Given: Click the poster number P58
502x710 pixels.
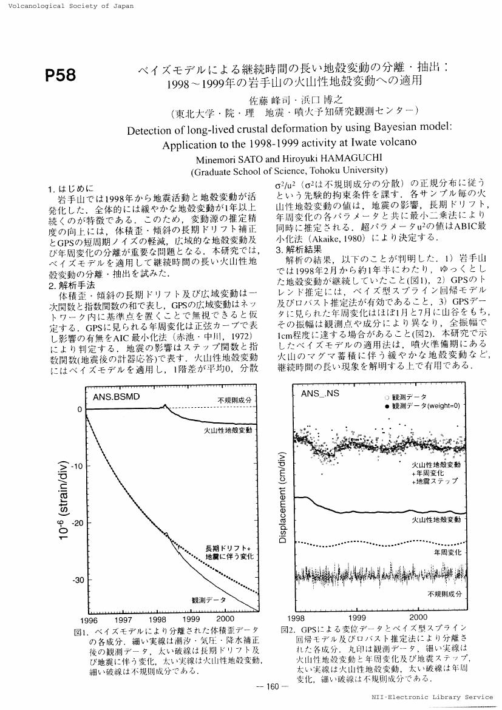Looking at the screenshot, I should [x=61, y=76].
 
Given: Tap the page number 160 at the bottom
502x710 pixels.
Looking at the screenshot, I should [x=267, y=686].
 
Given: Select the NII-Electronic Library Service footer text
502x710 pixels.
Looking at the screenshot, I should [x=432, y=697].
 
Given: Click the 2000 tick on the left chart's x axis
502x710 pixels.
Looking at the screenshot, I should [x=225, y=619].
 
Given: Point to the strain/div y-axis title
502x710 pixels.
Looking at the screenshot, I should [x=63, y=498].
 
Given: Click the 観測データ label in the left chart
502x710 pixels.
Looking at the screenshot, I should [x=208, y=600].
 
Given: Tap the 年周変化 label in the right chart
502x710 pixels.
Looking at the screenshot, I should [x=447, y=553].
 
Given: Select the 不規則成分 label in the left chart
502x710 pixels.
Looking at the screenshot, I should [x=234, y=400].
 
